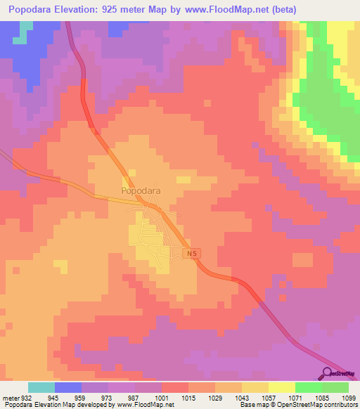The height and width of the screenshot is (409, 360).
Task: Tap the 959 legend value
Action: pos(82,398)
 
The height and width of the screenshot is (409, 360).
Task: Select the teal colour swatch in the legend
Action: pos(41,387)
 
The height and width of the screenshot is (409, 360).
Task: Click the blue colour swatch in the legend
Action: pos(68,387)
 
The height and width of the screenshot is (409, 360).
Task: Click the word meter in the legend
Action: pos(10,398)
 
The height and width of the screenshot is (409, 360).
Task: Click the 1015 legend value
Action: pos(188,398)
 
